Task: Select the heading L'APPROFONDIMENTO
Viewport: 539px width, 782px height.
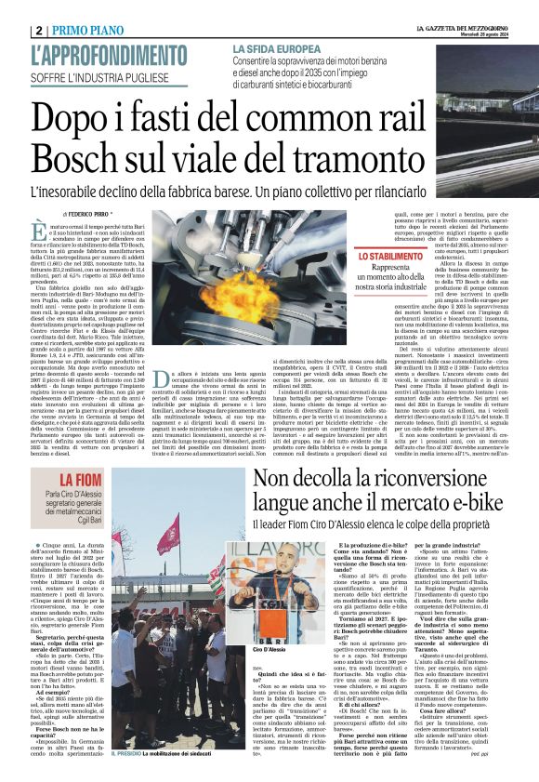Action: pos(108,55)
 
